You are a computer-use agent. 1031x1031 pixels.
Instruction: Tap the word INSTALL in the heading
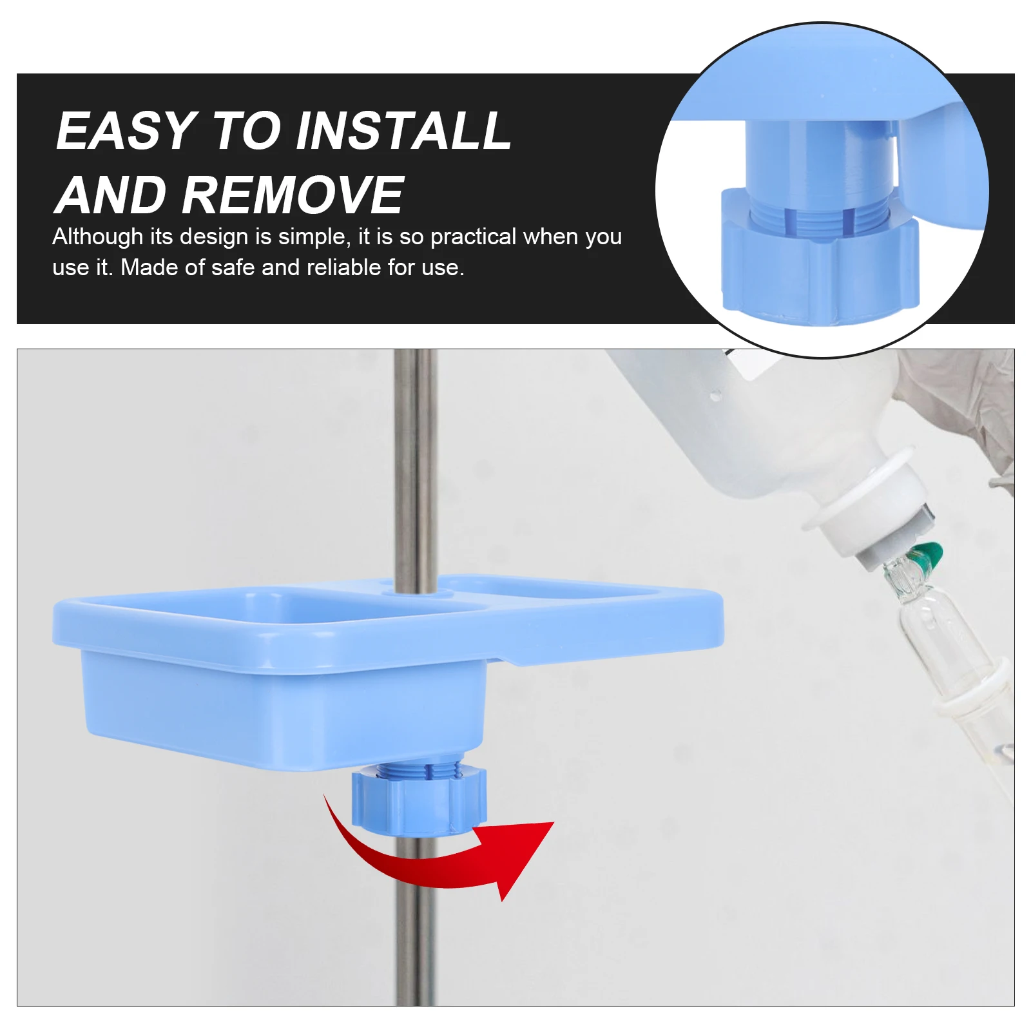coord(403,131)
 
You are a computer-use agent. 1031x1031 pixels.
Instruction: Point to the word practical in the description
coord(473,236)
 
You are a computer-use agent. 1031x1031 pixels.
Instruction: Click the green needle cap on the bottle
coord(927,553)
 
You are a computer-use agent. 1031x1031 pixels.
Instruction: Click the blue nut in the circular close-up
coord(818,271)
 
